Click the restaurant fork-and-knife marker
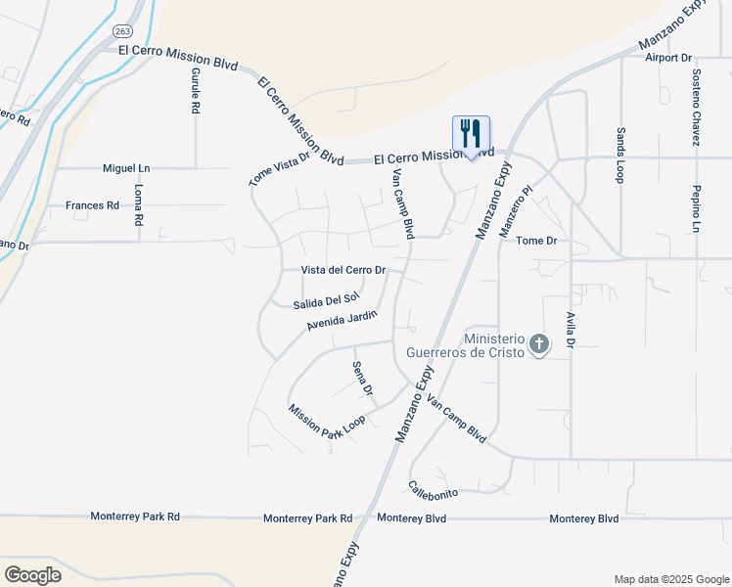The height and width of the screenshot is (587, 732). tap(471, 134)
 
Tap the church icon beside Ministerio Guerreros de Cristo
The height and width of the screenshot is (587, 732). tap(538, 343)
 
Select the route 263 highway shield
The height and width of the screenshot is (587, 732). tap(123, 30)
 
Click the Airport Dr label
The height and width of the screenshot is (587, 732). tap(668, 58)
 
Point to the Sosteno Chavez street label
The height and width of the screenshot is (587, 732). tap(696, 108)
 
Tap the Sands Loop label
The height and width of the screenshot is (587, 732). tap(619, 155)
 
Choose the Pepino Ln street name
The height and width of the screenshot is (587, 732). tap(696, 208)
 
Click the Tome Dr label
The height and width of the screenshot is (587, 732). tap(536, 240)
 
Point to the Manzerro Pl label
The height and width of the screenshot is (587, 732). tap(519, 212)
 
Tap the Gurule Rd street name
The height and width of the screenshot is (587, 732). tap(196, 92)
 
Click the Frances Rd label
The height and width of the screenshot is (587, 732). tap(92, 205)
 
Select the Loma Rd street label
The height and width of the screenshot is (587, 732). tap(138, 205)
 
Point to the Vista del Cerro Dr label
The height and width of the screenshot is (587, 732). tap(343, 270)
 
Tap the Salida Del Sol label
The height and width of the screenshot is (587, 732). tap(327, 299)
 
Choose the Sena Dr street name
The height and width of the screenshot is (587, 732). tap(362, 378)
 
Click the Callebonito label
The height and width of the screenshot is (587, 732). tap(434, 485)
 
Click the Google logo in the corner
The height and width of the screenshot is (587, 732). tap(32, 575)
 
